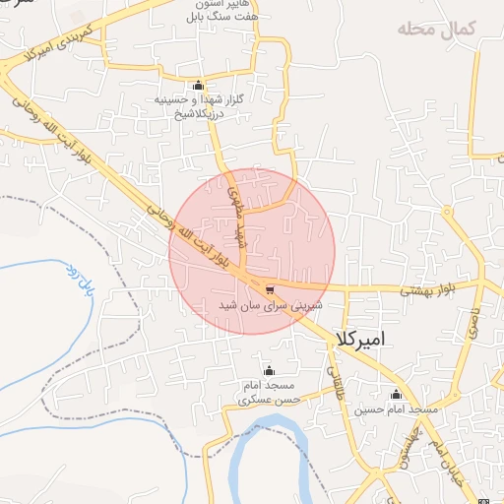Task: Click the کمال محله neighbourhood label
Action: pos(436,29)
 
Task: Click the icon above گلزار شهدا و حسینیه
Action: pos(199,85)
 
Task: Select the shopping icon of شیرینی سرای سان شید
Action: pos(270,288)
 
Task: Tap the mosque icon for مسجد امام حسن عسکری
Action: pos(270,370)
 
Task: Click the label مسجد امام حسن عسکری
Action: pos(270,394)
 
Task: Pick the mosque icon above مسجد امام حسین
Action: pos(396,394)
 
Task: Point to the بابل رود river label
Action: pos(81,283)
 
